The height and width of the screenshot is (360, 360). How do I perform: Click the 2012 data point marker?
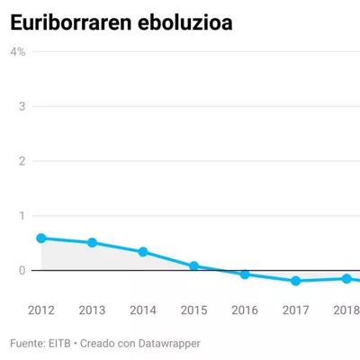coord(41,238)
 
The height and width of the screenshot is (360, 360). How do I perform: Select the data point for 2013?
coord(92,243)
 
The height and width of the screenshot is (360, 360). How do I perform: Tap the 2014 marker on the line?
coord(143,252)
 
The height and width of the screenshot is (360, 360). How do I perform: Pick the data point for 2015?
coord(194,265)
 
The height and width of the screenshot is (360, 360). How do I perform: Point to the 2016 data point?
coord(245,274)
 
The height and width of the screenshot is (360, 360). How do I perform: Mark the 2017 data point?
coord(296,281)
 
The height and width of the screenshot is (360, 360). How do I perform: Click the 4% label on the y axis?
coord(18,52)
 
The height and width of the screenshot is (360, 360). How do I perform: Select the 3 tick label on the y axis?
coord(22,106)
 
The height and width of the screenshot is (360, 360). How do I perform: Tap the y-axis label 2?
coord(22,161)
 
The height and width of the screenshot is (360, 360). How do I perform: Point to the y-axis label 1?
coord(22,216)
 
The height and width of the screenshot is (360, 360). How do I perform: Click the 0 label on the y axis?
coord(22,270)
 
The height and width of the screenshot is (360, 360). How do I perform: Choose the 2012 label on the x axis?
coord(41,310)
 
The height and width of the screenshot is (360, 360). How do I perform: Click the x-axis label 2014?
coord(143,310)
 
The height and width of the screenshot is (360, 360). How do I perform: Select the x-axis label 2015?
coord(194,310)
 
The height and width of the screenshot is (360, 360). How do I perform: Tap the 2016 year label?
coord(245,310)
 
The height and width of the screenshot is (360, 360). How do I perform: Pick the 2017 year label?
coord(296,310)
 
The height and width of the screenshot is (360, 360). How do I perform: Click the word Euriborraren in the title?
coord(71,22)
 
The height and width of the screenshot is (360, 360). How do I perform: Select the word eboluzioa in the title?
coord(185,22)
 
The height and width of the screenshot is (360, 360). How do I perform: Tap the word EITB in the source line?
coord(59,344)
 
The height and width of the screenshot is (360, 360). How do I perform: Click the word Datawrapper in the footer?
coord(169,344)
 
